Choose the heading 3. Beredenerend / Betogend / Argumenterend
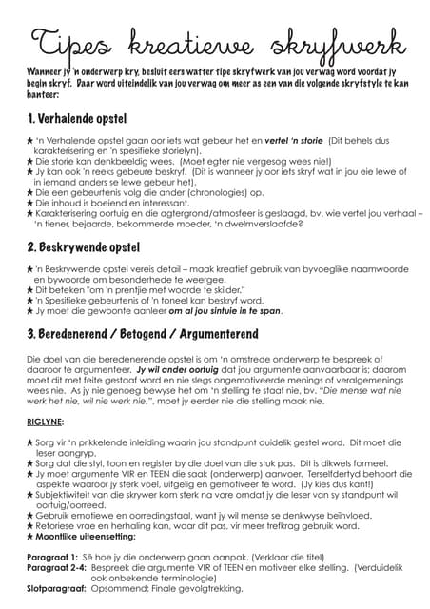145,334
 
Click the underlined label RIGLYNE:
45,420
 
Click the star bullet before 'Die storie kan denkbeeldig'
29,161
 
